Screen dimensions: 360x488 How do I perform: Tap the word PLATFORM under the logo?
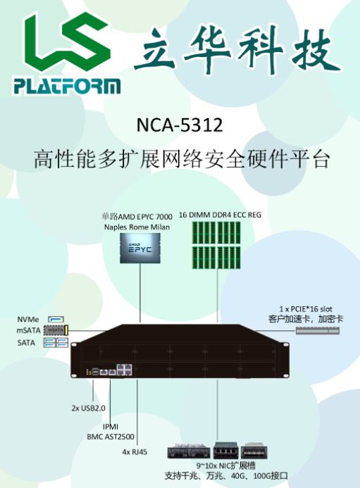[67, 86]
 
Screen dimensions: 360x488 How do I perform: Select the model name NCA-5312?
[180, 125]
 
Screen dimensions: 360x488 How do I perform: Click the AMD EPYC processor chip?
[140, 249]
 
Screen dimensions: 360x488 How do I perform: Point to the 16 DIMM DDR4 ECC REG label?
[220, 215]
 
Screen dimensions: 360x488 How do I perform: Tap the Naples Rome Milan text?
[137, 227]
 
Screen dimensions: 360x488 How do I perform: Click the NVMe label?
[28, 320]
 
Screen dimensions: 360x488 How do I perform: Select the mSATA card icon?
[56, 330]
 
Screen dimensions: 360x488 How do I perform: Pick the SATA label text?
[26, 343]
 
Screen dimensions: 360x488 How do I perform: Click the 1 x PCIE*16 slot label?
[306, 309]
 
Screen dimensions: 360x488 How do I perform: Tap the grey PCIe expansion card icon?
[317, 330]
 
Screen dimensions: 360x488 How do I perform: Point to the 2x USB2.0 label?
[89, 408]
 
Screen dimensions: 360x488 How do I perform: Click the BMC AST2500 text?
[111, 437]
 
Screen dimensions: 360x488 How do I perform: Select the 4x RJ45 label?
[135, 452]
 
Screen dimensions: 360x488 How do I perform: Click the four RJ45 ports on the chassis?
[124, 370]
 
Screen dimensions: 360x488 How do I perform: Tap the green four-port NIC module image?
[226, 451]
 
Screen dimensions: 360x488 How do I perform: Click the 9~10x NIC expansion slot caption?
[225, 466]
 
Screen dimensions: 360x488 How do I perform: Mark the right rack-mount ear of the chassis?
[285, 360]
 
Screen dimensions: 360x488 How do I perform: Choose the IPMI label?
[111, 427]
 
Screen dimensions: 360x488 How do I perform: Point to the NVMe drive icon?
[56, 319]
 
